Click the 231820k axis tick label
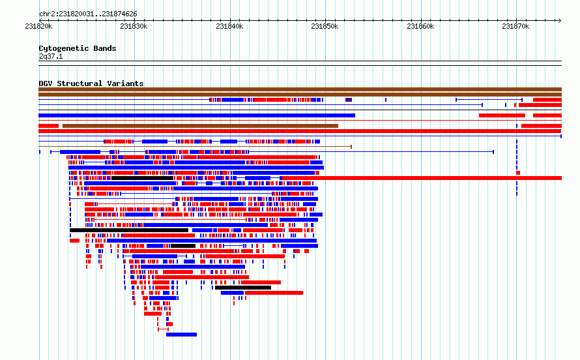point(38,26)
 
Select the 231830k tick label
point(134,26)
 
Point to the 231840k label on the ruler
point(229,26)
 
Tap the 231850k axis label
point(325,26)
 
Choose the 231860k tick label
point(420,26)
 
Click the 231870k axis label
point(515,26)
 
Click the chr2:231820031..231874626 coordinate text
point(88,14)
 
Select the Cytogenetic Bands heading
point(78,48)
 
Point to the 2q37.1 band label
point(51,56)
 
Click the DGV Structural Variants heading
point(91,83)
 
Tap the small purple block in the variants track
point(349,100)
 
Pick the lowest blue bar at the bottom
point(181,335)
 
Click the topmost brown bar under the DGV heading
point(300,89)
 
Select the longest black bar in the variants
point(129,230)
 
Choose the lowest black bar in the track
point(243,288)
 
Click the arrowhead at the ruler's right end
point(560,20)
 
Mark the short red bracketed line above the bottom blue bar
point(163,329)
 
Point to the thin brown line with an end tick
point(195,147)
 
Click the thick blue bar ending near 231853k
point(197,115)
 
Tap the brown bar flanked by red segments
point(200,126)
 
